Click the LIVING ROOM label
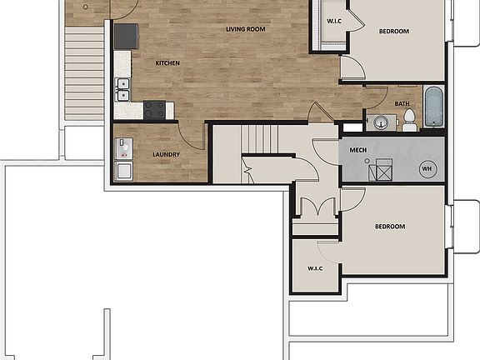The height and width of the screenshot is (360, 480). (245, 29)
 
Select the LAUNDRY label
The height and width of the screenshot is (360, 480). (167, 154)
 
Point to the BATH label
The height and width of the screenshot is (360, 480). (402, 104)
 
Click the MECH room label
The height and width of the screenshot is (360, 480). (358, 150)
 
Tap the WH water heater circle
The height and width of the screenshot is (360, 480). (427, 168)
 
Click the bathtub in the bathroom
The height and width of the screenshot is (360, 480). (433, 106)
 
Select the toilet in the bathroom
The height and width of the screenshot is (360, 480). (410, 122)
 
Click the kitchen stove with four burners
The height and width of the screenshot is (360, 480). (154, 107)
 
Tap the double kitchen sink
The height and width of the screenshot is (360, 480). (122, 83)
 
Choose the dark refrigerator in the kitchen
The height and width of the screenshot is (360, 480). (127, 35)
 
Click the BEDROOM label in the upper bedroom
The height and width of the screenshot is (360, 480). (393, 32)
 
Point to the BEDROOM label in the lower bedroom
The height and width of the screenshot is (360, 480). (389, 227)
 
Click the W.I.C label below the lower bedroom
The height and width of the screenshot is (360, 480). (315, 267)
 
